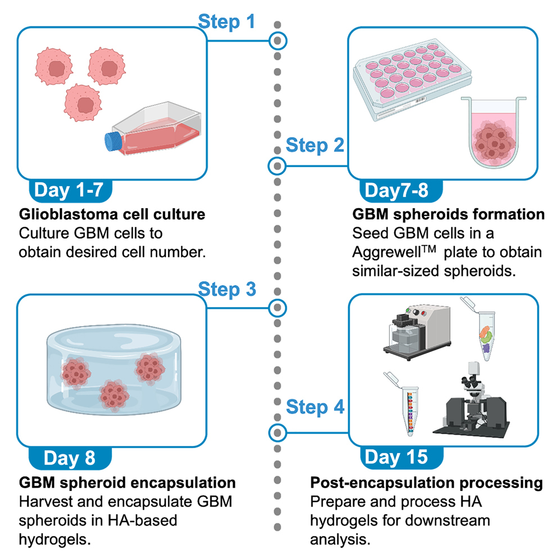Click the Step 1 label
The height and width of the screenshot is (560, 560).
[x=227, y=22]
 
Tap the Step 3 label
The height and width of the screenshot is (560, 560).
[x=227, y=290]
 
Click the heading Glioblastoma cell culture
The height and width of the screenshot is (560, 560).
[x=111, y=215]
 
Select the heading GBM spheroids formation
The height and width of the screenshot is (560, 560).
[x=448, y=215]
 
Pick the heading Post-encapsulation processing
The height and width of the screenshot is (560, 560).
[x=426, y=483]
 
